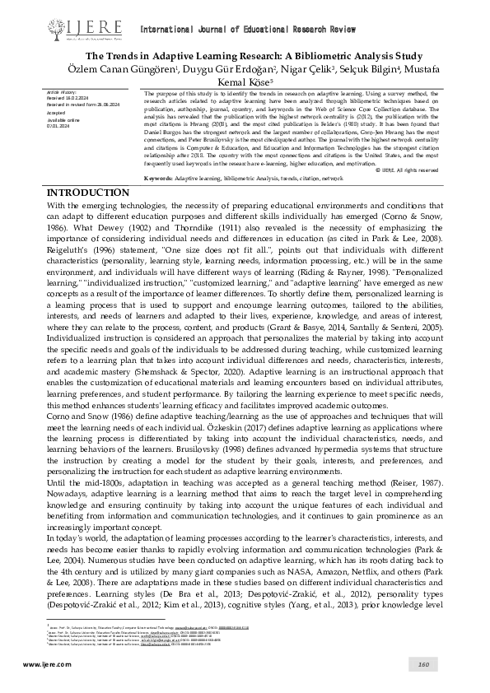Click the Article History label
pyautogui.click(x=62, y=94)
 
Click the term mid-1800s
pyautogui.click(x=87, y=481)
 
